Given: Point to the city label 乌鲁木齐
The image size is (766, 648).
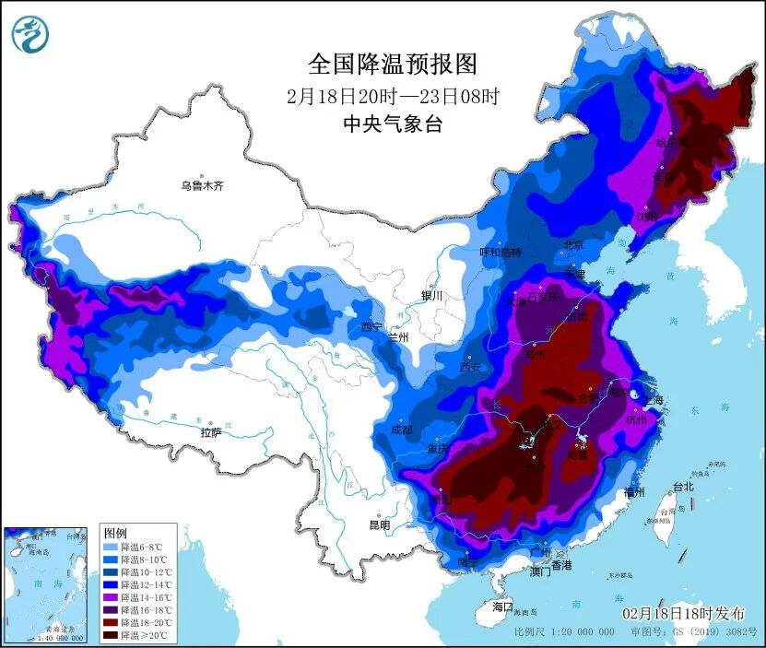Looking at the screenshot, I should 202,185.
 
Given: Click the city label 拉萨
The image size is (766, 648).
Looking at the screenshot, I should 210,432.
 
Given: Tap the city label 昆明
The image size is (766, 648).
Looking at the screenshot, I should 379,524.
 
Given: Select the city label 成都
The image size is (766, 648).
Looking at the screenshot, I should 401,430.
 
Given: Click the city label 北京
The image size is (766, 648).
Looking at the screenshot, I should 573,245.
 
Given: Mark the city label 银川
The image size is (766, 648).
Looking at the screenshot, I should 431,296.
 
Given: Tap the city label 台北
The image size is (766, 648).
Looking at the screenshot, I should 682,486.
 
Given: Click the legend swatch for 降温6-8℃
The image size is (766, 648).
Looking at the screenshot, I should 112,547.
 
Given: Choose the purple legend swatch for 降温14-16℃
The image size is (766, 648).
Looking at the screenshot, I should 112,597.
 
